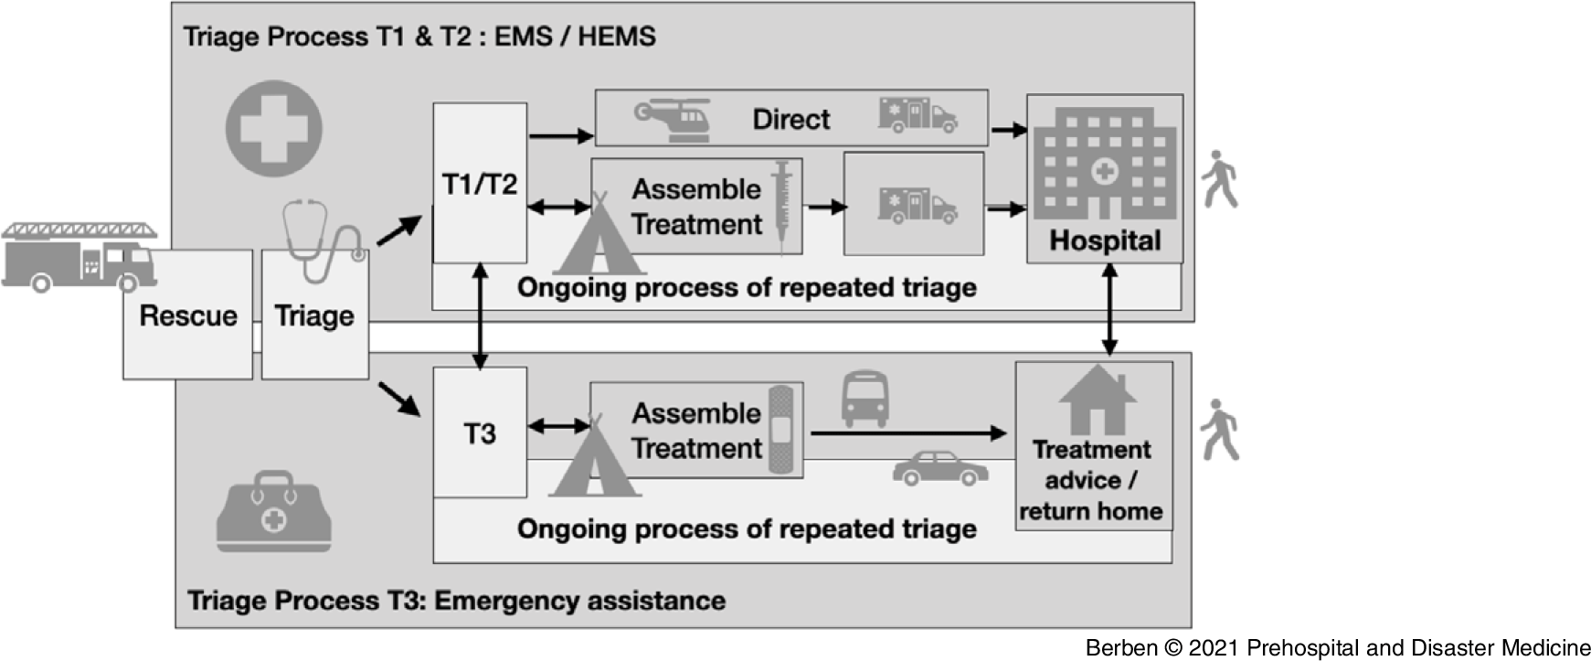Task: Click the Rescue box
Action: [187, 315]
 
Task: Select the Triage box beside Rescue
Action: [314, 315]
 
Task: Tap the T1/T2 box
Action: [480, 184]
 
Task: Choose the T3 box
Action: [480, 432]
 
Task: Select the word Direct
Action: [791, 120]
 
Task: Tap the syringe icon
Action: [782, 203]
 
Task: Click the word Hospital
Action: [1105, 240]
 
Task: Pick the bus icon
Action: [864, 399]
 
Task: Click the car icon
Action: [940, 468]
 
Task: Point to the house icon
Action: [1097, 400]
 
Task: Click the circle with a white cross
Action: [273, 128]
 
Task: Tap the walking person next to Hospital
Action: [1219, 179]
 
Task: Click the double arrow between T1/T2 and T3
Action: [480, 315]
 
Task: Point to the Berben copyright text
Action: [1337, 648]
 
